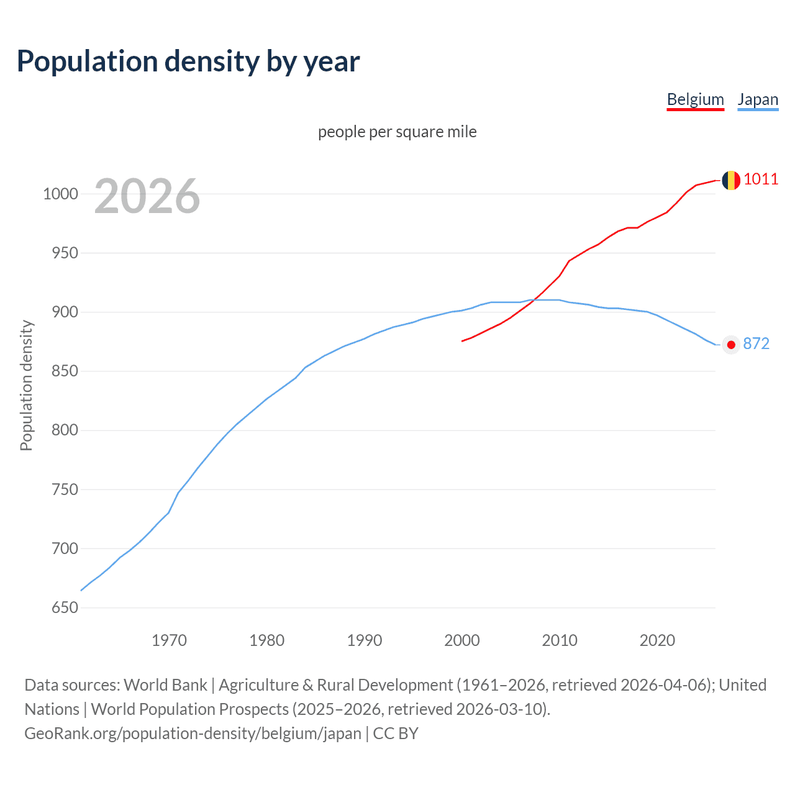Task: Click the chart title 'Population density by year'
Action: point(188,61)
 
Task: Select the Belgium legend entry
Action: point(695,100)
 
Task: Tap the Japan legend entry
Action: point(758,100)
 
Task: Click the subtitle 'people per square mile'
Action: point(397,132)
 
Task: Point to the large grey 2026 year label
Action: point(147,196)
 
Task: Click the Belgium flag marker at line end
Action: point(731,180)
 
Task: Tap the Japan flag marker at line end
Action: point(731,345)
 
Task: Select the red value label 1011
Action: point(761,179)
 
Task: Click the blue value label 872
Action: point(756,344)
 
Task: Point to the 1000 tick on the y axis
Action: point(60,194)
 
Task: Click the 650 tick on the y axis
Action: point(65,607)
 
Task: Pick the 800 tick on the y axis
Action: point(65,430)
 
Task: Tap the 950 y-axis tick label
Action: point(65,253)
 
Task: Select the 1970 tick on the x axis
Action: point(169,640)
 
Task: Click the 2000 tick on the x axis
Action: point(462,640)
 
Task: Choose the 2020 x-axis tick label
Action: point(657,640)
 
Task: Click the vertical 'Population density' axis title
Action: point(26,385)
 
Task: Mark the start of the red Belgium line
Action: point(463,340)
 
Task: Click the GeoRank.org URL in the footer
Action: point(193,734)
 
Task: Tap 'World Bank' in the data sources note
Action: point(165,685)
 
